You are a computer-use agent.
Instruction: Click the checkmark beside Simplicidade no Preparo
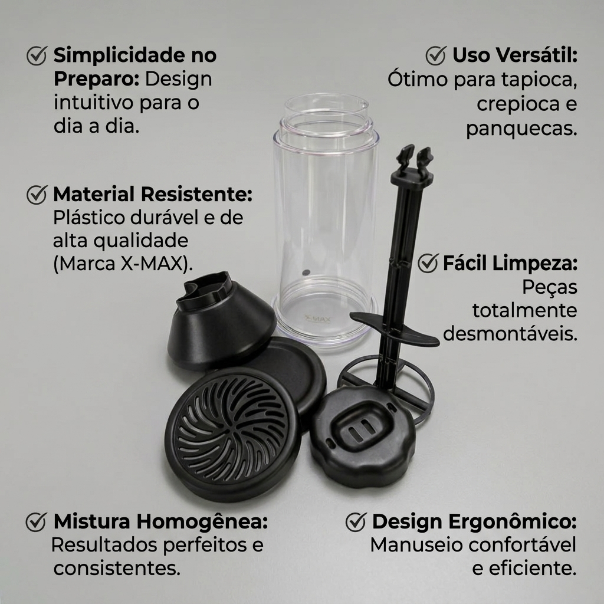point(37,55)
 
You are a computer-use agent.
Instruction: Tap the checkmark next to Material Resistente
point(37,194)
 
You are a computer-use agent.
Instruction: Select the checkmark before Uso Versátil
point(436,55)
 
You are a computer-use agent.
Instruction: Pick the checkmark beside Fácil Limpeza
point(428,263)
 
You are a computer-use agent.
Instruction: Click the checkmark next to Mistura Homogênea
point(36,522)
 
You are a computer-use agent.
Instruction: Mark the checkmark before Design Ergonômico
point(356,522)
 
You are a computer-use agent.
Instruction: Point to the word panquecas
point(521,129)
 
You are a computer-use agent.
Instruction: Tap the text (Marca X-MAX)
point(123,264)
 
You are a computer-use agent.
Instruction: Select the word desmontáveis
point(510,334)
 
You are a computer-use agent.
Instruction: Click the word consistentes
point(117,569)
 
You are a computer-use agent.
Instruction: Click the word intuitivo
point(94,103)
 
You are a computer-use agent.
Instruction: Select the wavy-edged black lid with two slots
point(362,436)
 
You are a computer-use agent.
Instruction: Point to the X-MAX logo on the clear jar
point(317,319)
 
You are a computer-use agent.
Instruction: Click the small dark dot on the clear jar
point(306,273)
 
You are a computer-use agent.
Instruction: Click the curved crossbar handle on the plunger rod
point(394,327)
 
